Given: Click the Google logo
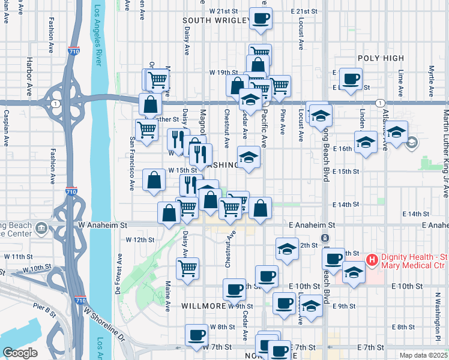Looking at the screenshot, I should point(20,353).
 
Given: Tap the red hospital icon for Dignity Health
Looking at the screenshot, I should point(372,260).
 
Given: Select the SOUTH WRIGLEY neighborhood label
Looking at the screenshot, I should point(217,21).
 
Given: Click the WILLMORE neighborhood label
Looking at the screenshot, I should point(205,306).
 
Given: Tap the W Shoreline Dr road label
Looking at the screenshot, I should point(104,326).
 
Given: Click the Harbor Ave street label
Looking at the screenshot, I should point(28,77).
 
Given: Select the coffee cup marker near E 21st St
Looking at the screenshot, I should point(261,19).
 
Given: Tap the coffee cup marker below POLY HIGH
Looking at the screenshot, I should point(351,79).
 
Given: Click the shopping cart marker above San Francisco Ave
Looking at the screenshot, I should point(146,129).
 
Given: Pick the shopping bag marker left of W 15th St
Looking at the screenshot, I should point(154,179).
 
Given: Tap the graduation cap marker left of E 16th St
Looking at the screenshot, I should point(366,143).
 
